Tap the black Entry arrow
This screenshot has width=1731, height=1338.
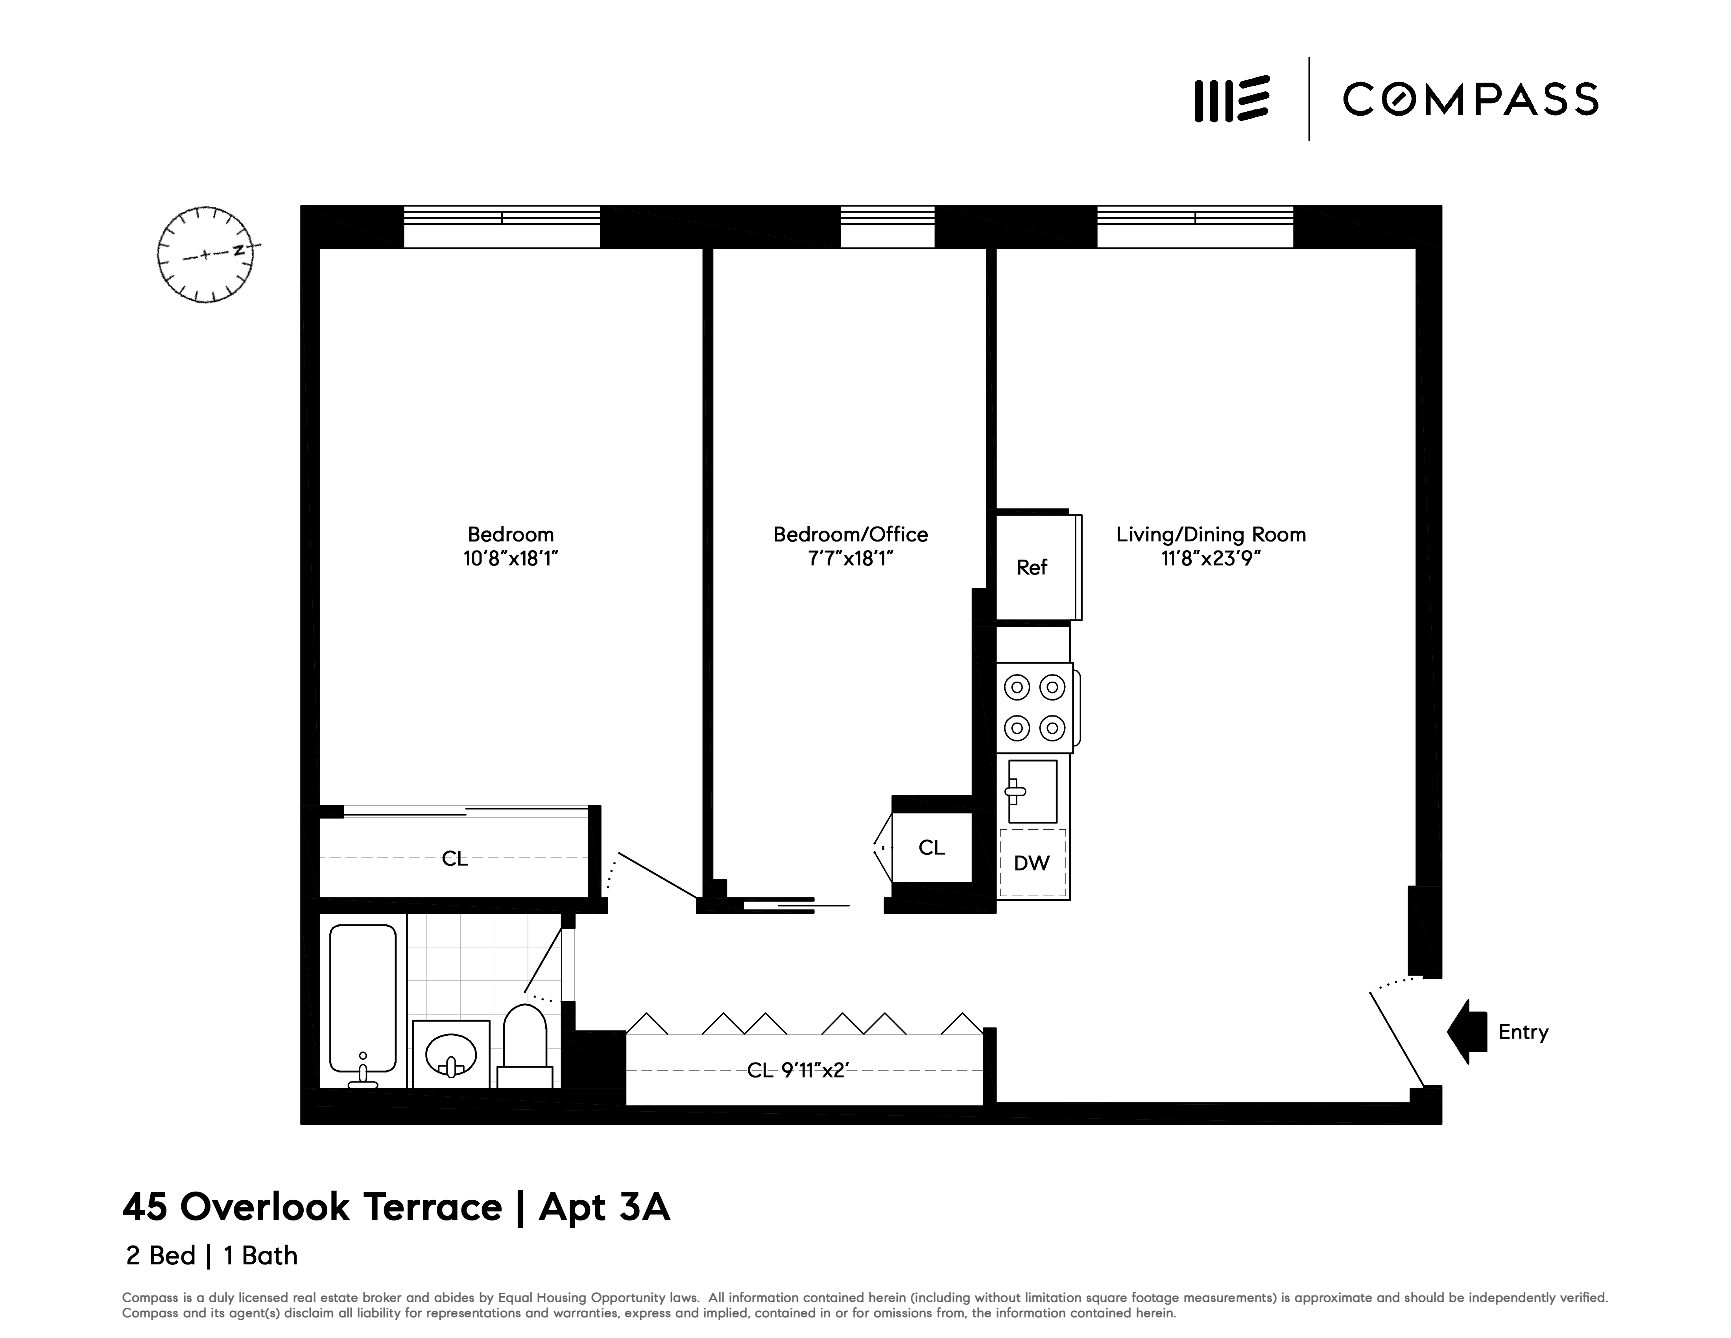click(1467, 1031)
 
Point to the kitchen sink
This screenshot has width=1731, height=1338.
click(1032, 791)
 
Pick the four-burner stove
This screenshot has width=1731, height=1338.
click(1034, 707)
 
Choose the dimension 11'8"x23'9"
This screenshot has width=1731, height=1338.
click(1210, 559)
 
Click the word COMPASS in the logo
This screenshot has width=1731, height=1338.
click(1470, 100)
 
